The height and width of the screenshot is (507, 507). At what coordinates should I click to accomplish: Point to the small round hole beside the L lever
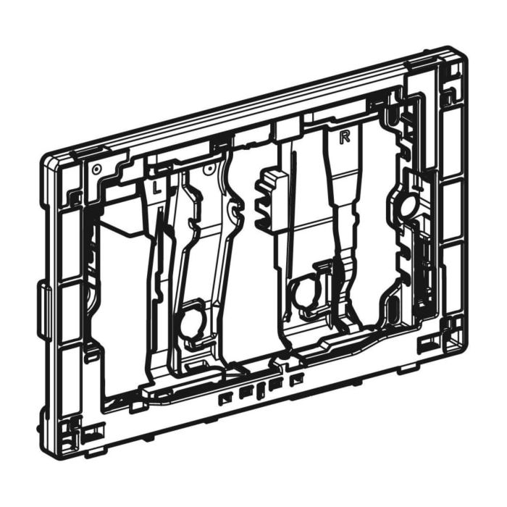pos(209,169)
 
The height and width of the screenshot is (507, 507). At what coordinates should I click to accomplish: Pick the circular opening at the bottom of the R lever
pos(303,291)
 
